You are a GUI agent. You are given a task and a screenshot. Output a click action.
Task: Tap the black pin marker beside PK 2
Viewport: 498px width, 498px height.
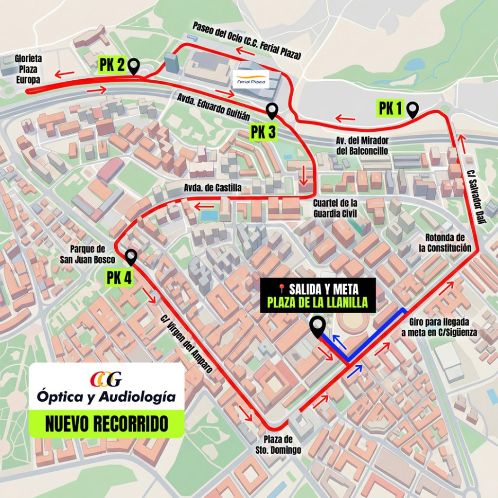click(134, 65)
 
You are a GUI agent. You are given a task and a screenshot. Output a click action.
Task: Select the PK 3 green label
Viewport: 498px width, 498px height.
click(263, 132)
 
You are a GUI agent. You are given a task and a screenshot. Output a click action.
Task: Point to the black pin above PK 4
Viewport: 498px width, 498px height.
click(130, 256)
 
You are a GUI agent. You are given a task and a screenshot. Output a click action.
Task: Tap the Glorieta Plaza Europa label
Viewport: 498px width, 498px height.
click(28, 69)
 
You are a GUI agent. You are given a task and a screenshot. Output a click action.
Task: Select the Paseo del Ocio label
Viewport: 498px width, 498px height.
click(247, 41)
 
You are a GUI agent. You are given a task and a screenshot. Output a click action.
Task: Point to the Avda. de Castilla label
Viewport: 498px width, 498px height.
click(212, 188)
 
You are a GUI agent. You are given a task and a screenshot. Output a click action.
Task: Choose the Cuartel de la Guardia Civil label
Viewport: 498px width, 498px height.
click(336, 208)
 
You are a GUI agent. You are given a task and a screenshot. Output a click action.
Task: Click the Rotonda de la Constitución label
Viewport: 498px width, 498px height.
click(445, 243)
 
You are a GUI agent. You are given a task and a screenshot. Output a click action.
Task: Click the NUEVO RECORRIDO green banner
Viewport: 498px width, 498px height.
click(107, 423)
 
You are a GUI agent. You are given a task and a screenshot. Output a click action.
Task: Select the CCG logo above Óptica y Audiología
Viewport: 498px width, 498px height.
click(106, 378)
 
